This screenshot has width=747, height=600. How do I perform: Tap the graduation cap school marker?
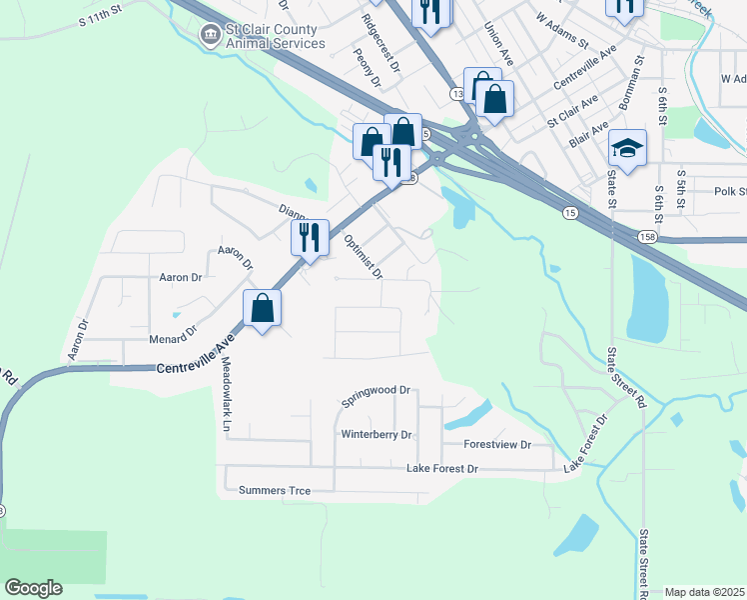pos(627,149)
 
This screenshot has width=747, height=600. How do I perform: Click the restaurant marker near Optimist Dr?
pos(310,238)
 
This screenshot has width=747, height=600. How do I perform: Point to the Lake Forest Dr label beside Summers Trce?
pos(442,468)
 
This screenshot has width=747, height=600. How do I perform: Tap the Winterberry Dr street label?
pos(376,435)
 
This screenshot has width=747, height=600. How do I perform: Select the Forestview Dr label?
pos(496,444)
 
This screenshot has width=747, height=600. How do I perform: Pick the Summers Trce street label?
pos(275,490)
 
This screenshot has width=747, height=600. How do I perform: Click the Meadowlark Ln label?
pos(227,394)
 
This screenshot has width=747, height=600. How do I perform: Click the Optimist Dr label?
pos(363,257)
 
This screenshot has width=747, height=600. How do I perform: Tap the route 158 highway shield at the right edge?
pos(648,236)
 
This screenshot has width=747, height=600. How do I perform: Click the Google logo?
pos(33,588)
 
